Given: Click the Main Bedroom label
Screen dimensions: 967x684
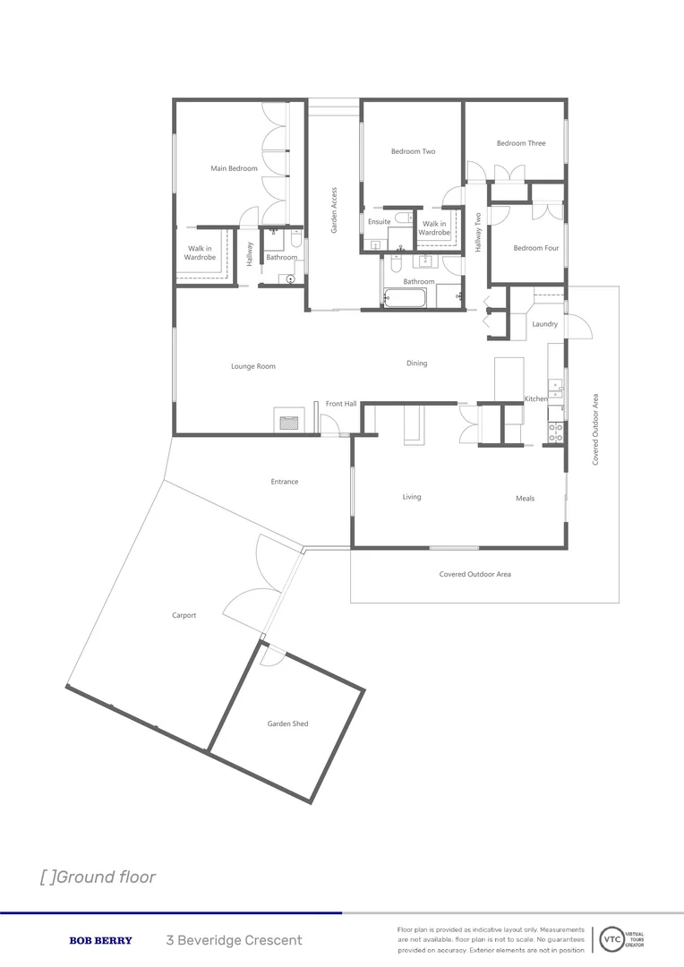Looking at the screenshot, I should pyautogui.click(x=234, y=168).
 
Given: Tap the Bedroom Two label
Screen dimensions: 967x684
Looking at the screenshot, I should pyautogui.click(x=413, y=151).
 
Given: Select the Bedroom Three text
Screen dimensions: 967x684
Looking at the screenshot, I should pyautogui.click(x=521, y=143).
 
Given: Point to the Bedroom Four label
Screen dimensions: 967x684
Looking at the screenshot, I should pyautogui.click(x=535, y=248).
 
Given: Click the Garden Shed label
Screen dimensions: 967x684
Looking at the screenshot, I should pyautogui.click(x=287, y=723).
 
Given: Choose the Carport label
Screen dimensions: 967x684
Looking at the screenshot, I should pyautogui.click(x=184, y=615).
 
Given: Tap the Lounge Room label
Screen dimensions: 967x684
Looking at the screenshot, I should pyautogui.click(x=253, y=366).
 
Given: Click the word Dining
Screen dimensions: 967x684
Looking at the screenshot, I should pyautogui.click(x=416, y=364).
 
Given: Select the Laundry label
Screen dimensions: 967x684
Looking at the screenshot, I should pyautogui.click(x=544, y=324).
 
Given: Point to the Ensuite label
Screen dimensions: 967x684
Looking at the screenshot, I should pyautogui.click(x=379, y=222).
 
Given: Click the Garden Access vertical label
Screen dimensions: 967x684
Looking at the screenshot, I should pyautogui.click(x=334, y=210).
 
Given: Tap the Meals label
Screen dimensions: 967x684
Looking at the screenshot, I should pyautogui.click(x=525, y=499).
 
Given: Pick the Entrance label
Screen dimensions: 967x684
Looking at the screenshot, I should pyautogui.click(x=285, y=482).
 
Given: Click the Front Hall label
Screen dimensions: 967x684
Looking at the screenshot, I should pyautogui.click(x=341, y=404).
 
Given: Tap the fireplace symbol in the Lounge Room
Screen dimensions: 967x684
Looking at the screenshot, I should pyautogui.click(x=287, y=423).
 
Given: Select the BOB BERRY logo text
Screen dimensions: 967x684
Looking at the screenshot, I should pyautogui.click(x=100, y=941).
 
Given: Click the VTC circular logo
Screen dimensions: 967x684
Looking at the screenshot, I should pyautogui.click(x=612, y=940).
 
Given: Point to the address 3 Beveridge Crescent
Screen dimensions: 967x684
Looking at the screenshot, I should pyautogui.click(x=234, y=941).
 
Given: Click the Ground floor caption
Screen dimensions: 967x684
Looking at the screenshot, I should pyautogui.click(x=98, y=877).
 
